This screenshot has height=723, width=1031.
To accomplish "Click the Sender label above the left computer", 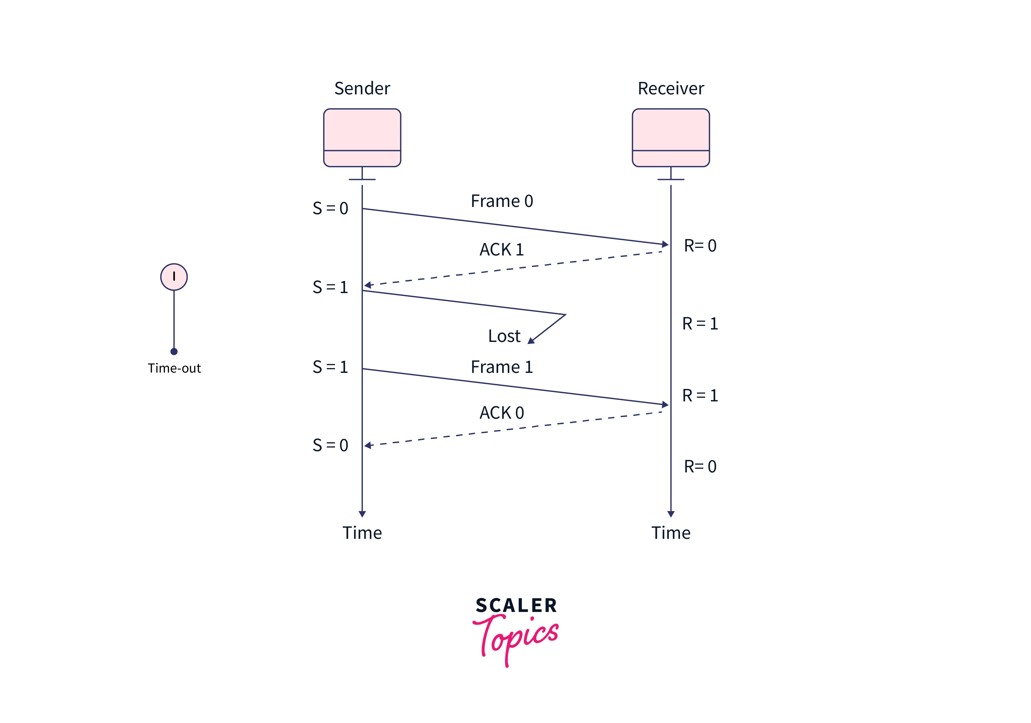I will pyautogui.click(x=362, y=89).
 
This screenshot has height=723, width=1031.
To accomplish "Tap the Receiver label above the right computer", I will pyautogui.click(x=671, y=89).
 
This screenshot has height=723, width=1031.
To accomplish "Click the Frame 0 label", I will pyautogui.click(x=502, y=201).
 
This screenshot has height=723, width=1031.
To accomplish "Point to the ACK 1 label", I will pyautogui.click(x=502, y=249).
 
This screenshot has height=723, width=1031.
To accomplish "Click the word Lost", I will pyautogui.click(x=504, y=336).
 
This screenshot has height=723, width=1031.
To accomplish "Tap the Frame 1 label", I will pyautogui.click(x=502, y=367).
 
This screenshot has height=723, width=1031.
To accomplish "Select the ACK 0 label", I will pyautogui.click(x=502, y=413).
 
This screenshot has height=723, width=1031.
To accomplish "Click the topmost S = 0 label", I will pyautogui.click(x=330, y=208).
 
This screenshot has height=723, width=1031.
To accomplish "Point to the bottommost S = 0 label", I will pyautogui.click(x=330, y=445).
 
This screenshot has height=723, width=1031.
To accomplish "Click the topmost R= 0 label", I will pyautogui.click(x=700, y=246).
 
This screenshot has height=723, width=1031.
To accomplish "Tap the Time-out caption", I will pyautogui.click(x=174, y=368).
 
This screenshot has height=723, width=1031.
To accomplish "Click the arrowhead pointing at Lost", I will pyautogui.click(x=531, y=341).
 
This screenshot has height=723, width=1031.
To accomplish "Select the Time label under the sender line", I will pyautogui.click(x=362, y=533).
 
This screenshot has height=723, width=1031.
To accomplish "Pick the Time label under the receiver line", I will pyautogui.click(x=671, y=533).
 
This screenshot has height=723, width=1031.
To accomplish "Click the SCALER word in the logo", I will pyautogui.click(x=516, y=605).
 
